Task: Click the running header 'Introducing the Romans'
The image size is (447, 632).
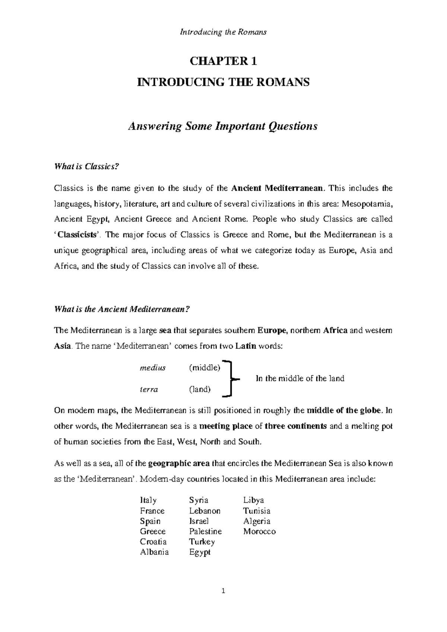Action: coord(223,32)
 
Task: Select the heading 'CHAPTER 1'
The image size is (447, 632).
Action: coord(223,61)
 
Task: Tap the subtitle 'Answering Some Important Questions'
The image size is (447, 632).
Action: coord(222,126)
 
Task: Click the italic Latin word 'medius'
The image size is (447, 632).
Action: coord(152,368)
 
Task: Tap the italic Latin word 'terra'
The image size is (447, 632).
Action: coord(149,389)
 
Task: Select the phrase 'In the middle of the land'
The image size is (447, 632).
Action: coord(300,379)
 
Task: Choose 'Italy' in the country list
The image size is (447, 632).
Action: coord(148,500)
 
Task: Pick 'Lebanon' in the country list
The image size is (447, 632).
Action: coord(205,511)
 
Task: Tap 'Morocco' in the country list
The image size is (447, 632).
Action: coord(259,532)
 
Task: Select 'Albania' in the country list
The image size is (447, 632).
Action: coord(154,552)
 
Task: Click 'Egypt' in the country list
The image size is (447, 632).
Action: coord(200,553)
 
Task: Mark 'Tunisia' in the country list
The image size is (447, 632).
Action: coord(257,511)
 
